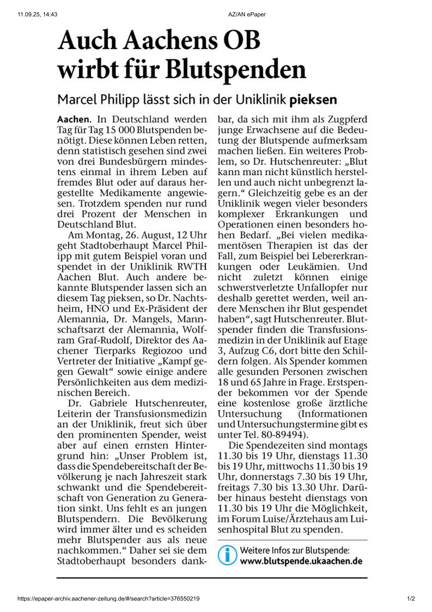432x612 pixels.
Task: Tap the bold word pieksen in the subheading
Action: click(313, 100)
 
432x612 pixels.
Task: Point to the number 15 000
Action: click(120, 130)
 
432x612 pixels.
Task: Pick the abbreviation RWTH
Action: click(192, 267)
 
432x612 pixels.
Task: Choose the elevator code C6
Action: click(266, 351)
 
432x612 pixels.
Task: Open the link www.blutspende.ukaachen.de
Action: click(301, 561)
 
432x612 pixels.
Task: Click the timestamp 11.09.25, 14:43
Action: click(37, 15)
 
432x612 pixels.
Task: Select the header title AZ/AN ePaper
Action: click(247, 15)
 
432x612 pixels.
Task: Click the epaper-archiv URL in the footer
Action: click(108, 599)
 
